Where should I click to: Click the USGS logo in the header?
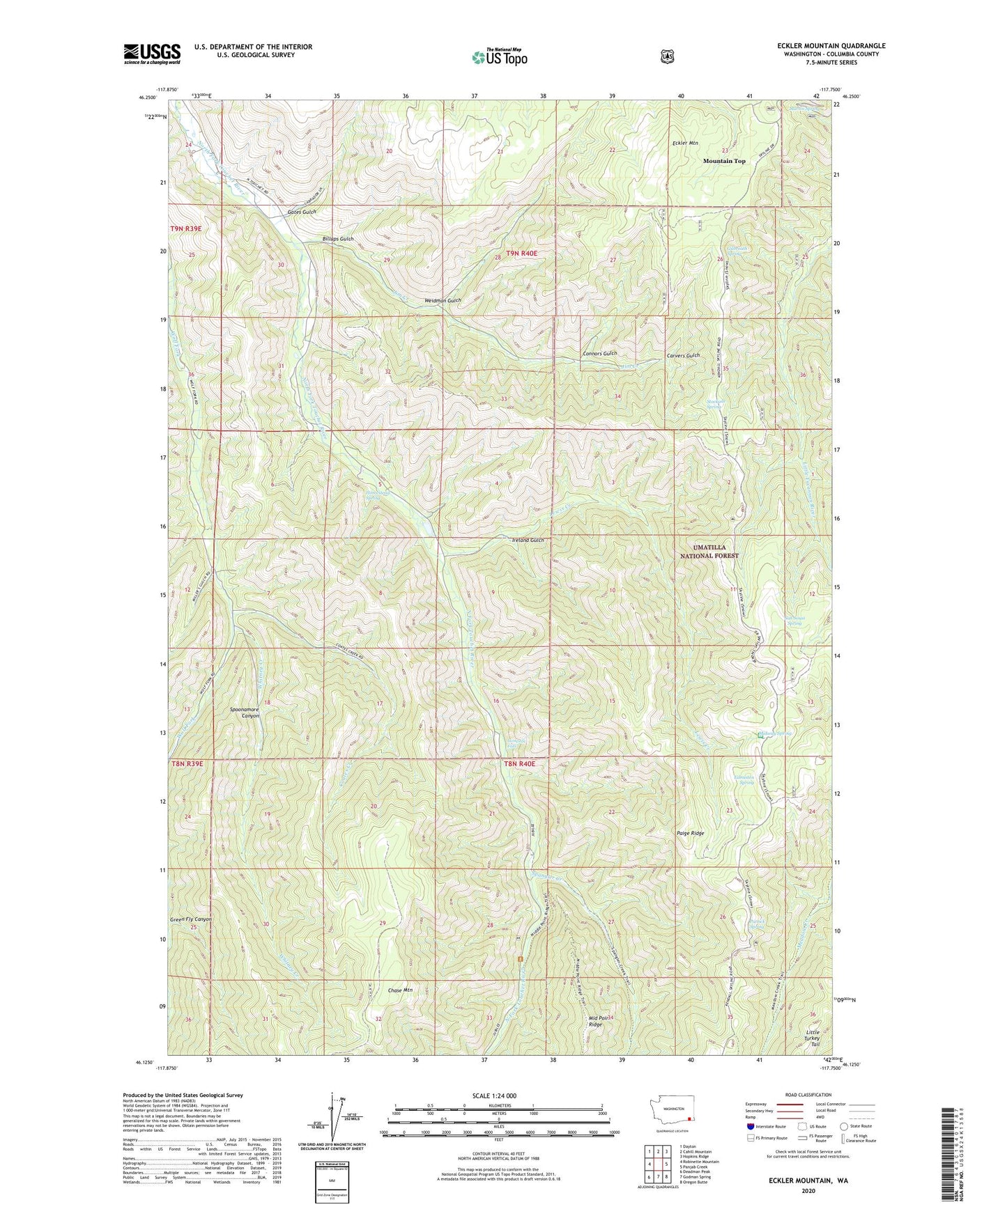pos(152,54)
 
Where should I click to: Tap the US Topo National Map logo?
pos(499,56)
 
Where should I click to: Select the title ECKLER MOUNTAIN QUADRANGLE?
pos(822,46)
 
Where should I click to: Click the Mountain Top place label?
pos(724,161)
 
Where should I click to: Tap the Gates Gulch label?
pos(302,212)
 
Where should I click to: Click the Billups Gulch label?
pos(338,239)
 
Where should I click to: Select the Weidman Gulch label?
pos(443,300)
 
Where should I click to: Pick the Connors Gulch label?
pos(599,354)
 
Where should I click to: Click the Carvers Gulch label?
pos(683,355)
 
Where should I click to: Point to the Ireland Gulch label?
pos(528,540)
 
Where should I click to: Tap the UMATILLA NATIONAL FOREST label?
pos(709,552)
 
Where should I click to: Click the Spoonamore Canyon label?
pos(245,712)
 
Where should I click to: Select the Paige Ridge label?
pos(690,833)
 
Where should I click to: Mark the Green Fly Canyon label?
pos(190,919)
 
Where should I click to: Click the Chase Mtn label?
pos(400,990)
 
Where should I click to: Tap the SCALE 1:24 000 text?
pos(494,1096)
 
